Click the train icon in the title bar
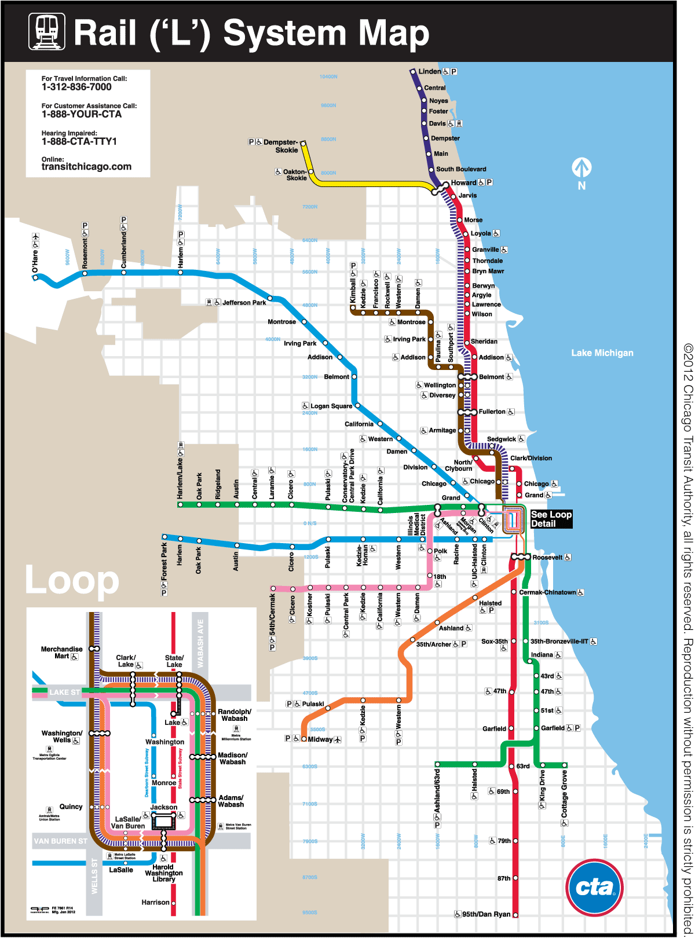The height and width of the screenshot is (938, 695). (x=47, y=32)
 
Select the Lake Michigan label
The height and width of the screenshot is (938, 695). (x=602, y=353)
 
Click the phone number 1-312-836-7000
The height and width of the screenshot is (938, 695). (x=76, y=87)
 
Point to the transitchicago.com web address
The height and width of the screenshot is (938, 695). (x=86, y=167)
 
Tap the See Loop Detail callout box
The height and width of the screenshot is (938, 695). (x=551, y=519)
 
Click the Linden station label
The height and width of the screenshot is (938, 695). (x=430, y=71)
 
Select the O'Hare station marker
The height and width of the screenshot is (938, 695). (x=36, y=277)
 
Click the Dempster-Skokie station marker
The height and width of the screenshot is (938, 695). (x=303, y=143)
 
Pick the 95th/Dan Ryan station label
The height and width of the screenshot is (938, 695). (x=487, y=914)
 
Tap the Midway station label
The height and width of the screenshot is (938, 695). (x=320, y=739)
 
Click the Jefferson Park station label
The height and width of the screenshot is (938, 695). (x=244, y=302)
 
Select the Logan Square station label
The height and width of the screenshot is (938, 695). (x=331, y=406)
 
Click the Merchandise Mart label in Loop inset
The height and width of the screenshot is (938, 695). (x=61, y=653)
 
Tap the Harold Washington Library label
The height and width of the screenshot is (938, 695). (x=164, y=873)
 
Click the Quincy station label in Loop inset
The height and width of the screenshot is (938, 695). (x=71, y=807)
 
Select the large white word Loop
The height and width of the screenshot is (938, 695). (x=72, y=580)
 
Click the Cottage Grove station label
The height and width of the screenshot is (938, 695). (x=564, y=793)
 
